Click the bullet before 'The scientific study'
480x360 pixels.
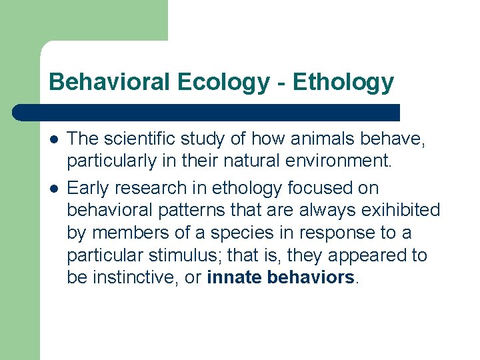click(x=53, y=139)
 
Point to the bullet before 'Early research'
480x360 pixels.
click(x=53, y=189)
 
